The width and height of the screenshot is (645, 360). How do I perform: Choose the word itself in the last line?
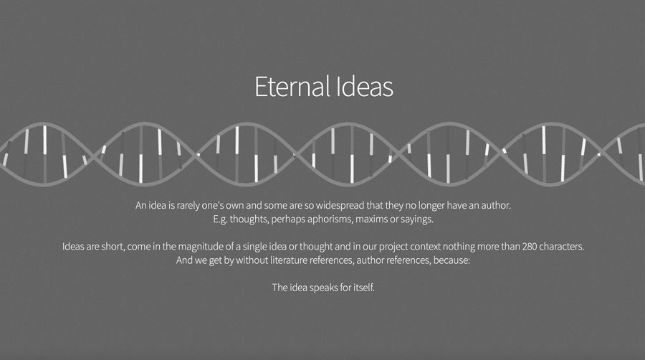coord(364,288)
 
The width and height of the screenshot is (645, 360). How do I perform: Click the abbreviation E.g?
coord(220,219)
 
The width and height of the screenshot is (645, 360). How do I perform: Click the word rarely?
coord(188,205)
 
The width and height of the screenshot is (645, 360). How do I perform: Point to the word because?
coord(451,260)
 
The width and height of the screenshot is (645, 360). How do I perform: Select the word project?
coord(393,247)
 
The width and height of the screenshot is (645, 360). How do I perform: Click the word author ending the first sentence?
coord(496,205)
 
